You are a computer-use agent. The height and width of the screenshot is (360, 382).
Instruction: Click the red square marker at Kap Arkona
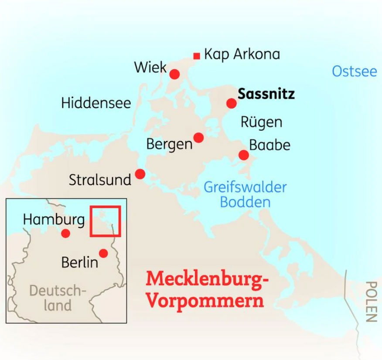[197, 55]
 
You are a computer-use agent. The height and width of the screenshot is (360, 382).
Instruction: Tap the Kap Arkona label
[242, 54]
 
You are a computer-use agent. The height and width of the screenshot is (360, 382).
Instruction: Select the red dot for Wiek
[174, 74]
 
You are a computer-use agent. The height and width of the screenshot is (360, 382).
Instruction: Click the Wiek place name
[150, 67]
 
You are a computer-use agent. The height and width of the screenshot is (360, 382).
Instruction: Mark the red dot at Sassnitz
[232, 103]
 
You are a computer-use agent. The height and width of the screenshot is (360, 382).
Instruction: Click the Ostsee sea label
[354, 71]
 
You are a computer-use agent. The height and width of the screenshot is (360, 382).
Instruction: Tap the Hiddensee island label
[96, 103]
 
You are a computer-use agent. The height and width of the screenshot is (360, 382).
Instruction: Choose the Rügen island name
[261, 122]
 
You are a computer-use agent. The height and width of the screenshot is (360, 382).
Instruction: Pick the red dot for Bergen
[198, 137]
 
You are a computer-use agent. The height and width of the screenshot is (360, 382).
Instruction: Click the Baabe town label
[269, 145]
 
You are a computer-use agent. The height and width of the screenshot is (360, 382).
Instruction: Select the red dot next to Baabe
[244, 155]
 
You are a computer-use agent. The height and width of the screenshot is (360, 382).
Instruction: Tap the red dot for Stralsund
[140, 174]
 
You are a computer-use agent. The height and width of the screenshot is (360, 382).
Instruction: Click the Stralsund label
[100, 180]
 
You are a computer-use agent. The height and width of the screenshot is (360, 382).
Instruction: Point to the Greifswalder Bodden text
[245, 194]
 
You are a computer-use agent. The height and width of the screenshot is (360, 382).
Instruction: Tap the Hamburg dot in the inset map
[65, 234]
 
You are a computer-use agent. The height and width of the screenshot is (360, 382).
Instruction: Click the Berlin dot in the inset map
[103, 253]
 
